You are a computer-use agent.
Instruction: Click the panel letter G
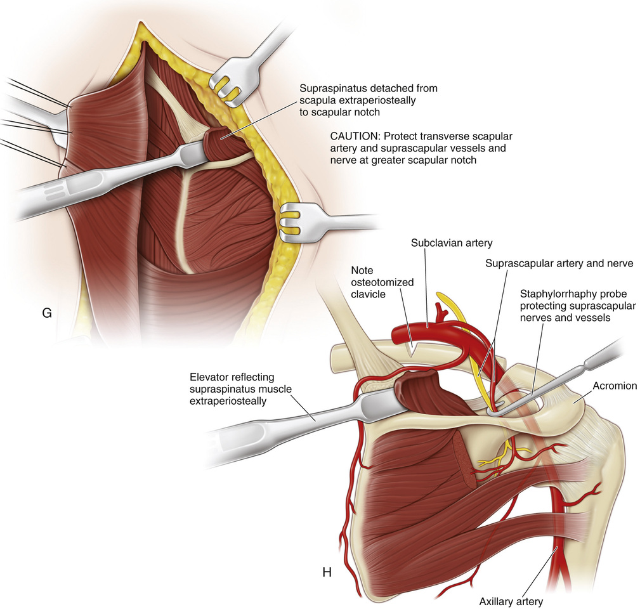coord(46,312)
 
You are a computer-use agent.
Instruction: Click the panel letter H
coord(327,572)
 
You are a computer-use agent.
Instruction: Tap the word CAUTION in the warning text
coord(354,136)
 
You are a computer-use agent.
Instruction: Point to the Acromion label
coord(615,386)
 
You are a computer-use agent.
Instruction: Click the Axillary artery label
coord(511,601)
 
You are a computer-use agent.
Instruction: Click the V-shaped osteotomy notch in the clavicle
coord(414,346)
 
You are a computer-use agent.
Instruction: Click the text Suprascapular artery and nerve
coord(559,263)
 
